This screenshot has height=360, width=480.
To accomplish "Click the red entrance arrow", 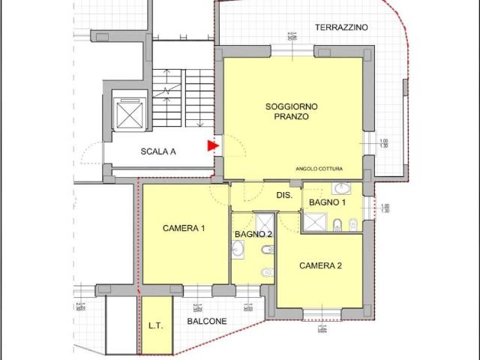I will [x=213, y=146].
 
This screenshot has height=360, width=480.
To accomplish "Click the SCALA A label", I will [x=158, y=151].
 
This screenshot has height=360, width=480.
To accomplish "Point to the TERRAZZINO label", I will [x=341, y=27].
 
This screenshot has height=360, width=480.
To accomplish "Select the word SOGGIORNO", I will [x=287, y=106].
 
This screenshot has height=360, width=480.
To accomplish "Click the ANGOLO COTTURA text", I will [x=319, y=169].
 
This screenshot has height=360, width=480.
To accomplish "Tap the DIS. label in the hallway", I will [x=284, y=195].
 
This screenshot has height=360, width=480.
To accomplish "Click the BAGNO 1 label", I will [x=328, y=202].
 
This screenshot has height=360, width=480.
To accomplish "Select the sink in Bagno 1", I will [x=341, y=188].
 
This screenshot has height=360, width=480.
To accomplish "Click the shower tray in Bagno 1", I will [x=316, y=223].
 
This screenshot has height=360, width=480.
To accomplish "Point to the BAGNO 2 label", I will [x=253, y=234].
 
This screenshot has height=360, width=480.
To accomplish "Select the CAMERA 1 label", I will [x=184, y=229].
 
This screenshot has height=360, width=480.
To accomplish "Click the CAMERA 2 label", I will [x=320, y=265].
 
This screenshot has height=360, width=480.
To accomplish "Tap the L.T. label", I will [x=156, y=325].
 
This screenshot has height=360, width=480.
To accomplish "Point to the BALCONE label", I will [x=207, y=321].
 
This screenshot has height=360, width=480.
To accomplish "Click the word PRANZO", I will [x=287, y=117].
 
